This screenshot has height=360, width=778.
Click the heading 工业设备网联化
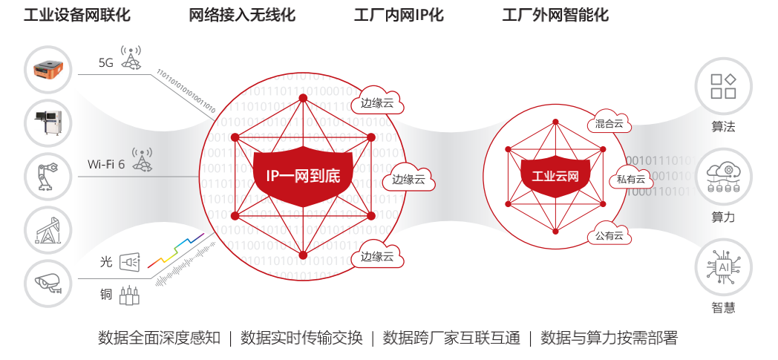click(x=77, y=16)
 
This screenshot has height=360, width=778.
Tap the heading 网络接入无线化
click(x=242, y=16)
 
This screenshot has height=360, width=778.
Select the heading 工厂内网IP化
click(x=399, y=16)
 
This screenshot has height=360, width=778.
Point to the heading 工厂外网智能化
click(x=555, y=16)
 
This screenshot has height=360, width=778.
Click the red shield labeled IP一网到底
click(x=303, y=176)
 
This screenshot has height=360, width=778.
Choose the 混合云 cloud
click(x=609, y=124)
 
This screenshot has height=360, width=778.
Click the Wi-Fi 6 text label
click(x=106, y=164)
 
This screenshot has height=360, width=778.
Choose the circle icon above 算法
click(x=723, y=86)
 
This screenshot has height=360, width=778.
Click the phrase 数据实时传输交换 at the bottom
click(x=302, y=338)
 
